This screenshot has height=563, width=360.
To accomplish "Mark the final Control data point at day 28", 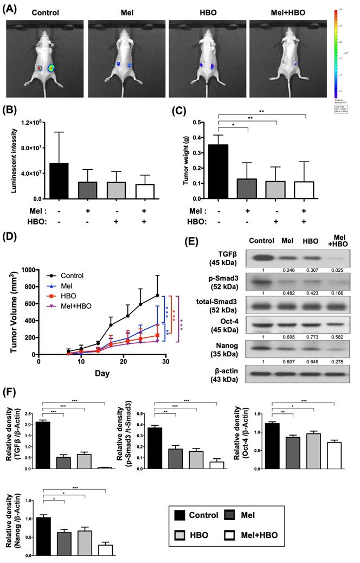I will (x=157, y=295).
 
